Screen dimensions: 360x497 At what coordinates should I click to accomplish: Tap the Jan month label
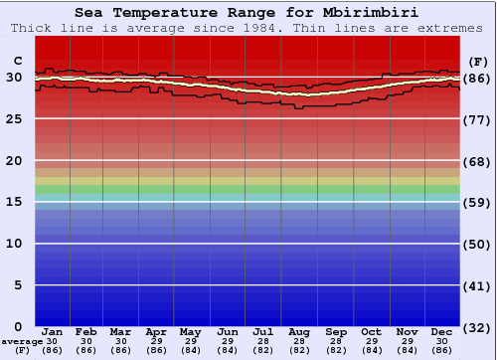click(x=53, y=332)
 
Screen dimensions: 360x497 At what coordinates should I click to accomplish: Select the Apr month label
click(x=156, y=332)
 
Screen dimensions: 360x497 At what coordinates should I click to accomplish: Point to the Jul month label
click(x=263, y=332)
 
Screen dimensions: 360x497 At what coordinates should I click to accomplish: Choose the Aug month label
click(x=299, y=332)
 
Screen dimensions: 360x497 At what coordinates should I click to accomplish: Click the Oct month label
click(x=371, y=332)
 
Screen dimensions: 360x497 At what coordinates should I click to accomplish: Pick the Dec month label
click(x=442, y=332)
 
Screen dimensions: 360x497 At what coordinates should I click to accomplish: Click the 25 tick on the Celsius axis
click(x=15, y=119)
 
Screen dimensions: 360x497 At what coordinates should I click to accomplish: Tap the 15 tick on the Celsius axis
click(x=15, y=202)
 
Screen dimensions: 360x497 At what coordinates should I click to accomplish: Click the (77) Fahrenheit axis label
click(x=478, y=119)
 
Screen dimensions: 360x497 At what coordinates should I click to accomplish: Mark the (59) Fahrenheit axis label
click(x=478, y=202)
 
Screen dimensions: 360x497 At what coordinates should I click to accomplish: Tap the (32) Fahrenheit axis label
click(x=478, y=327)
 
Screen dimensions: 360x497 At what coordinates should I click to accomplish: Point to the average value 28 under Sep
click(x=335, y=341)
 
